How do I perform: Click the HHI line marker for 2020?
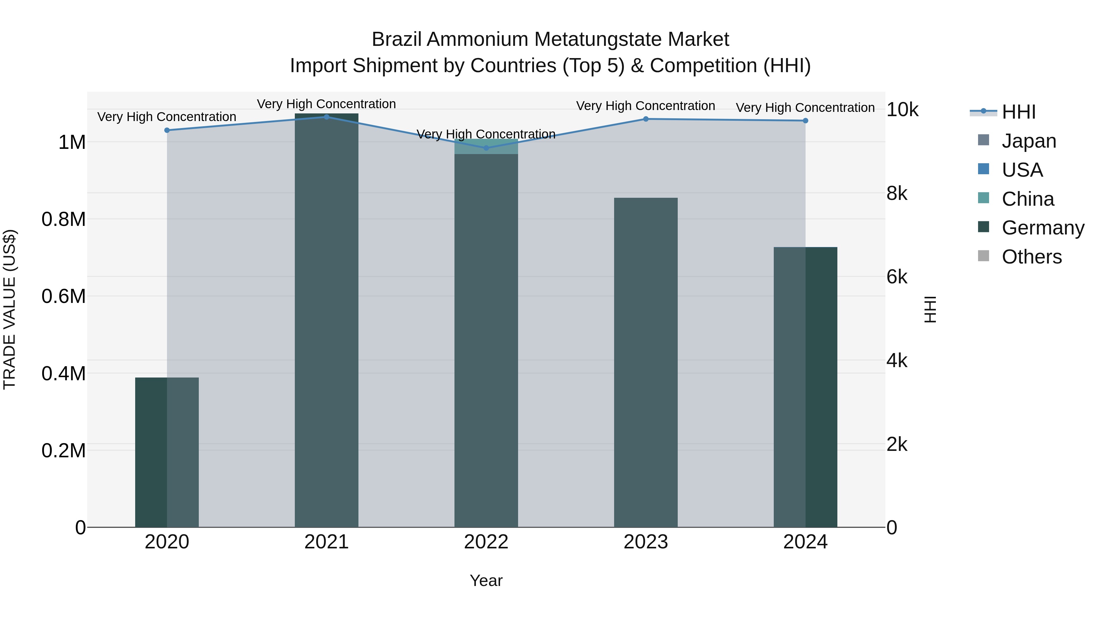pos(167,130)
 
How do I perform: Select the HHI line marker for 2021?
pos(327,117)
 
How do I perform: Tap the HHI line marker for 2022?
pos(486,148)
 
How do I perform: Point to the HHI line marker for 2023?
pos(646,119)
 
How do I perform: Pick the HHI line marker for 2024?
pos(805,120)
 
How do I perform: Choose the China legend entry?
pos(1028,199)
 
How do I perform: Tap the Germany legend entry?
pos(1043,228)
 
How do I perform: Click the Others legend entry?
pos(1031,257)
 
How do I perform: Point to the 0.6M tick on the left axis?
pos(64,296)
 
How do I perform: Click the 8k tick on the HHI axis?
pos(897,193)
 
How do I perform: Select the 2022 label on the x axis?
pos(486,542)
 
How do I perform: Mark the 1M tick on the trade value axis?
pos(72,142)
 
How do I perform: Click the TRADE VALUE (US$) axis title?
pos(9,309)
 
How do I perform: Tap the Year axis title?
pos(486,580)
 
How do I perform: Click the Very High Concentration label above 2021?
pos(327,104)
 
